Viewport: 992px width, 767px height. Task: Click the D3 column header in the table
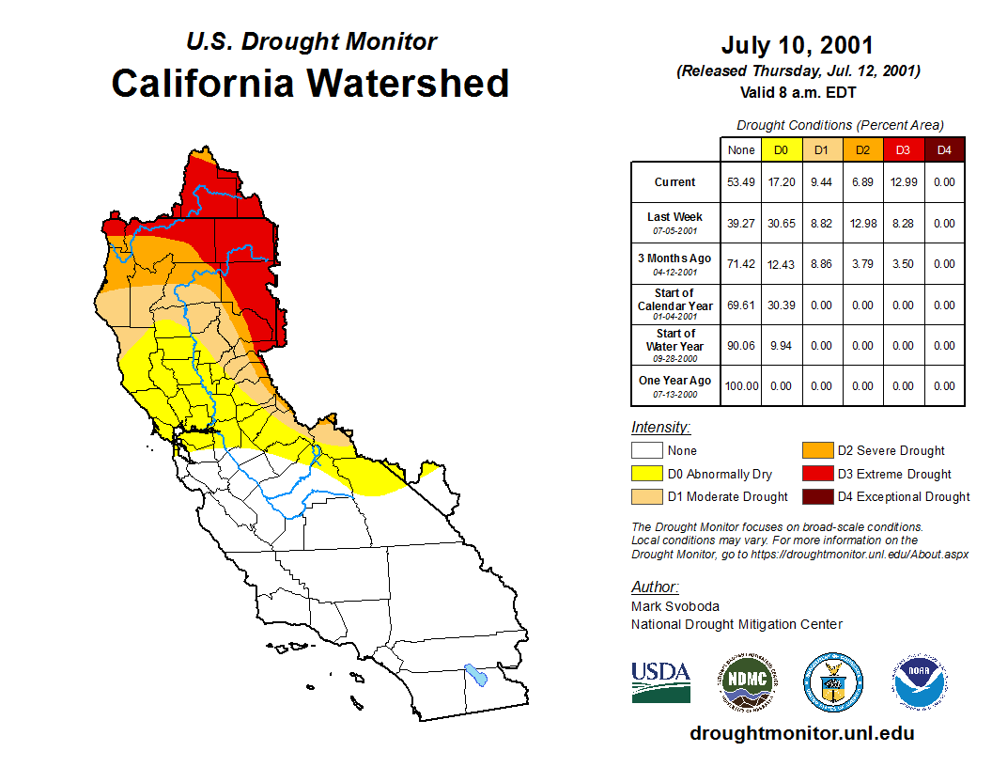point(903,149)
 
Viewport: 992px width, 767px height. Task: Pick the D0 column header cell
point(782,149)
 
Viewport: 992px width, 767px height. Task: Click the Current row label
point(674,182)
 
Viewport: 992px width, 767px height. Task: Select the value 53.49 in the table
point(741,182)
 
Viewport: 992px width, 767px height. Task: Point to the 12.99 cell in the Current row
point(903,182)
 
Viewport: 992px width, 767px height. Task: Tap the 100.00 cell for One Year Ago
point(741,385)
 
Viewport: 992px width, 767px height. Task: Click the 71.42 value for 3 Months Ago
point(741,264)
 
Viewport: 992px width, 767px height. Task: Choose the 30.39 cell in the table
point(782,305)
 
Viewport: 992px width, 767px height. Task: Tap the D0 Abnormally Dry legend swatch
point(647,474)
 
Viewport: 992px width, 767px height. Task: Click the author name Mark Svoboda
point(675,606)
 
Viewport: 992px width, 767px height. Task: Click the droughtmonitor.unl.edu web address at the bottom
point(801,733)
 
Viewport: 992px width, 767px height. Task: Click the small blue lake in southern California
point(476,675)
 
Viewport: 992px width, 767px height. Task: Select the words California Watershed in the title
point(310,83)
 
